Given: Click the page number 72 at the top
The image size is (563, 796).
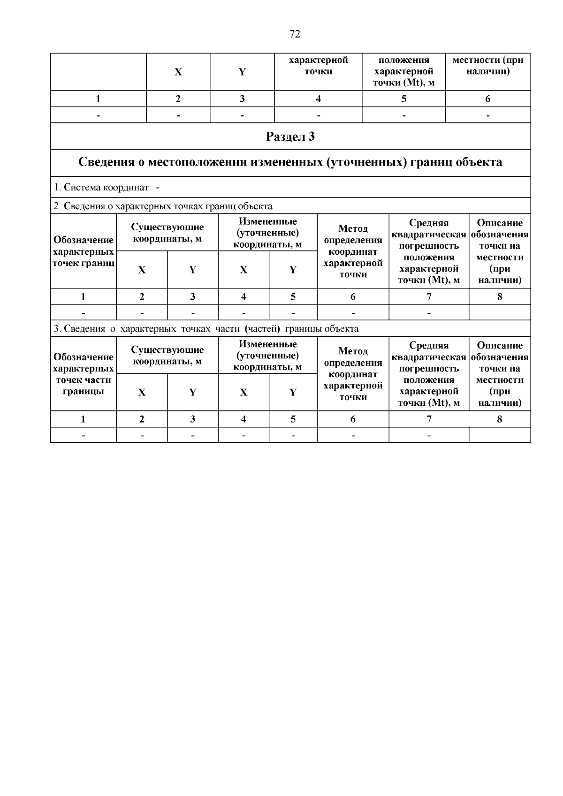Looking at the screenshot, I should tap(295, 34).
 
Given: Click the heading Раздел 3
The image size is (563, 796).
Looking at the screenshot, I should tap(290, 136).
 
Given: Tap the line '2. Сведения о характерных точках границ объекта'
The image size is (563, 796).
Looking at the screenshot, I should tap(163, 206).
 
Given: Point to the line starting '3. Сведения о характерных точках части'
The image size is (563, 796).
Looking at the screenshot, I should tap(206, 329).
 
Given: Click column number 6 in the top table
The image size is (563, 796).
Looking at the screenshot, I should tap(487, 99).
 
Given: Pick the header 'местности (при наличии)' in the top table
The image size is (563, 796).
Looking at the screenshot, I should tap(487, 66).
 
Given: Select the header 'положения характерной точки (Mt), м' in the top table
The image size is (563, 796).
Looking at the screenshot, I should tap(403, 72).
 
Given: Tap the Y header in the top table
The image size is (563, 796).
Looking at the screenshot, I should tap(242, 72).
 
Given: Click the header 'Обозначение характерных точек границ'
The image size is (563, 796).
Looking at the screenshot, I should tap(84, 251).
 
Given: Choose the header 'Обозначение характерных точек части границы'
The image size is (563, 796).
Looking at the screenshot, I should tap(84, 374).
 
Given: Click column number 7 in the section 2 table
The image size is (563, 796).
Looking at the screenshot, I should tap(429, 296).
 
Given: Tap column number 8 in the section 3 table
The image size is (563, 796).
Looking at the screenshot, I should tap(499, 419).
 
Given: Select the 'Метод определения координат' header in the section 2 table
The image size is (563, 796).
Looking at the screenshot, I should tap(353, 251).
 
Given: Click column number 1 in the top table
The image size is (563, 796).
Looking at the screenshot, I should tap(98, 99).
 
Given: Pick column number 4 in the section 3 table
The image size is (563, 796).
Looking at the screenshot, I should tap(243, 419).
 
